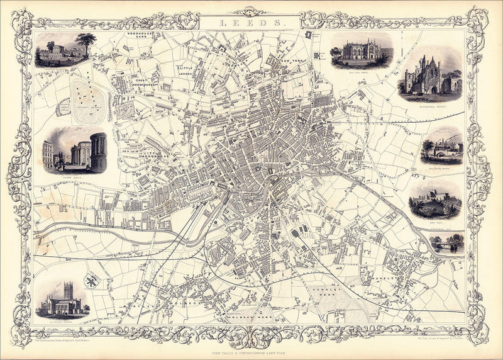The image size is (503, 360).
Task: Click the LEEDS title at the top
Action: coord(251,23)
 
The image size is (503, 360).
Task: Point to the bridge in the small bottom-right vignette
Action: coord(447,246)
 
